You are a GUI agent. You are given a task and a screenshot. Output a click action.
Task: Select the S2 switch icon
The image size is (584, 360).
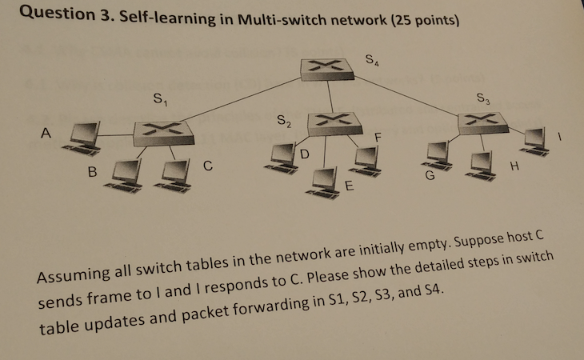click(x=332, y=121)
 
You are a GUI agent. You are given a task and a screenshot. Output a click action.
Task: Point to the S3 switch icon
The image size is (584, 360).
click(x=485, y=121)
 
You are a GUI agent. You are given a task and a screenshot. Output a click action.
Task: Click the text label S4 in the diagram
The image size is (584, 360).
click(x=372, y=59)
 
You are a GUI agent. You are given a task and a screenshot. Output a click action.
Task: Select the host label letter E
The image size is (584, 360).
click(x=348, y=186)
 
